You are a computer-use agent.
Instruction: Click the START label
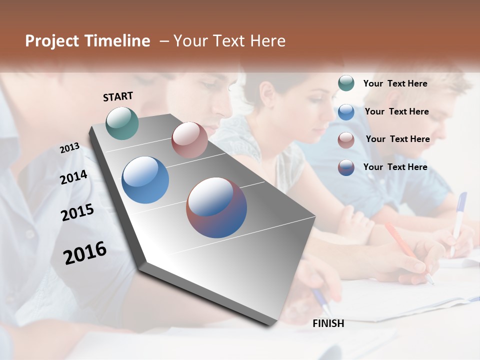coord(118,96)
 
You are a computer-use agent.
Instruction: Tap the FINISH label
coord(328,323)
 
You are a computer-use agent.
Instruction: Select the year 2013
coord(69,148)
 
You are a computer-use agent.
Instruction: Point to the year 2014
coord(73,177)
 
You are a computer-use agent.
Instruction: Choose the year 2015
coord(77,212)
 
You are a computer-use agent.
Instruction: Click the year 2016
coord(85,253)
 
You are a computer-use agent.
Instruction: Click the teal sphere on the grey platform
coord(122,123)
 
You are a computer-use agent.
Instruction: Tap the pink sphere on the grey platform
coord(189,140)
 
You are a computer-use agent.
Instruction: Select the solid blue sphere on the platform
coord(145,180)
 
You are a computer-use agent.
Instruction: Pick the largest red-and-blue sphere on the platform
coord(216,207)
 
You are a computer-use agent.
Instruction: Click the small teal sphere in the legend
coord(346,83)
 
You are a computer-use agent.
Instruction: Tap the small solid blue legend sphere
coord(346,112)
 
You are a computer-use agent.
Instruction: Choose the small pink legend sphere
coord(346,140)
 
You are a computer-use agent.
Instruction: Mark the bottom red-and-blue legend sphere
coord(346,167)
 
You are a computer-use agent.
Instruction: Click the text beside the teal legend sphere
coord(395,83)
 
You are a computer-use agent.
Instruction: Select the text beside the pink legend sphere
coord(397,139)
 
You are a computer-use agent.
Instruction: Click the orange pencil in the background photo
coord(400,240)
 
